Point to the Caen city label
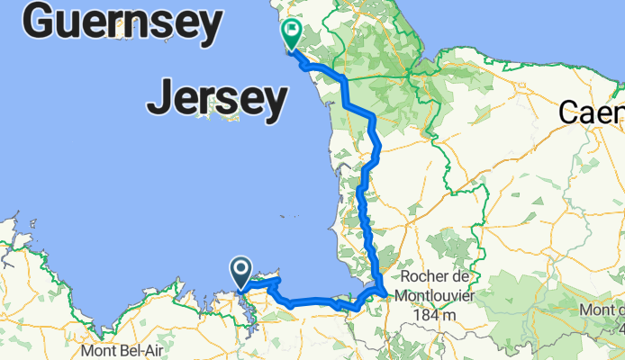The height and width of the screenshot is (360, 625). tap(591, 112)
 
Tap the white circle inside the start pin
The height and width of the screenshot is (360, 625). tap(241, 268)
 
